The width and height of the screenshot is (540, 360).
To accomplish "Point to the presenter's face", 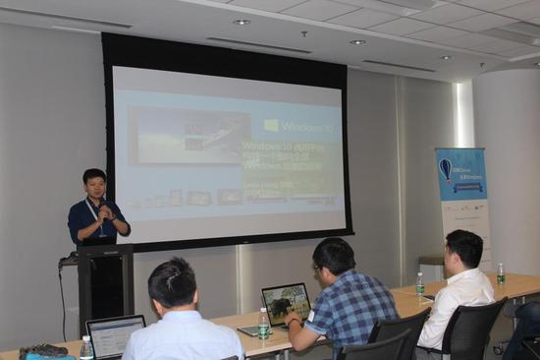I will (95, 186).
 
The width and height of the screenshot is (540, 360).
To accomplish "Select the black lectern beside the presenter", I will (105, 284).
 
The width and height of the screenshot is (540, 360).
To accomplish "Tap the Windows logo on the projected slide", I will (271, 125).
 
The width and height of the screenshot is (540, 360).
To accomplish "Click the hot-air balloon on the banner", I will (446, 169).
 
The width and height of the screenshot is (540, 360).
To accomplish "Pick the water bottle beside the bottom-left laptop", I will (87, 347).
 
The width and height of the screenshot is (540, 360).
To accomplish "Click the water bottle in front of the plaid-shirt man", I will (263, 324).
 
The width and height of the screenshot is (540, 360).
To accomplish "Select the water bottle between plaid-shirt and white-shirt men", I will (420, 285).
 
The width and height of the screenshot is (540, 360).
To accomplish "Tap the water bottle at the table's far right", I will (501, 272).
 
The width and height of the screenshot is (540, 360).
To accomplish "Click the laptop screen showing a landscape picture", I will (286, 302).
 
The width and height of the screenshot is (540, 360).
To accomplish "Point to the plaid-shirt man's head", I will (333, 258).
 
